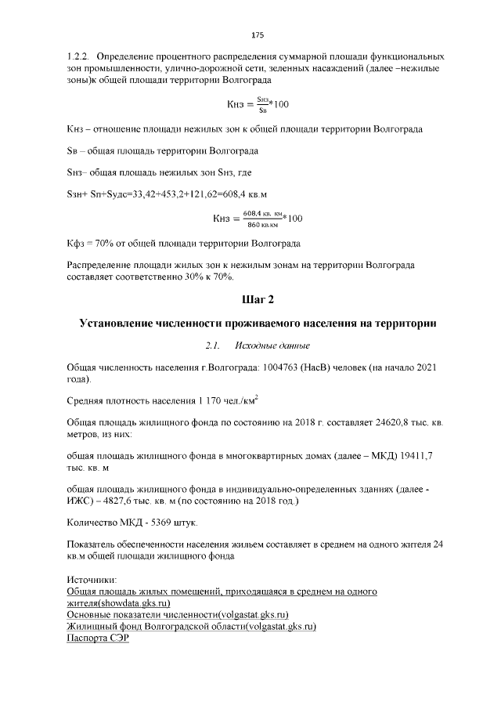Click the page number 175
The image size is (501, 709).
[258, 35]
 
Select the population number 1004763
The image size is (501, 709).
[295, 367]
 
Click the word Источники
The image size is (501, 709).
[91, 581]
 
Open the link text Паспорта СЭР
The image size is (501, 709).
[97, 638]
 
